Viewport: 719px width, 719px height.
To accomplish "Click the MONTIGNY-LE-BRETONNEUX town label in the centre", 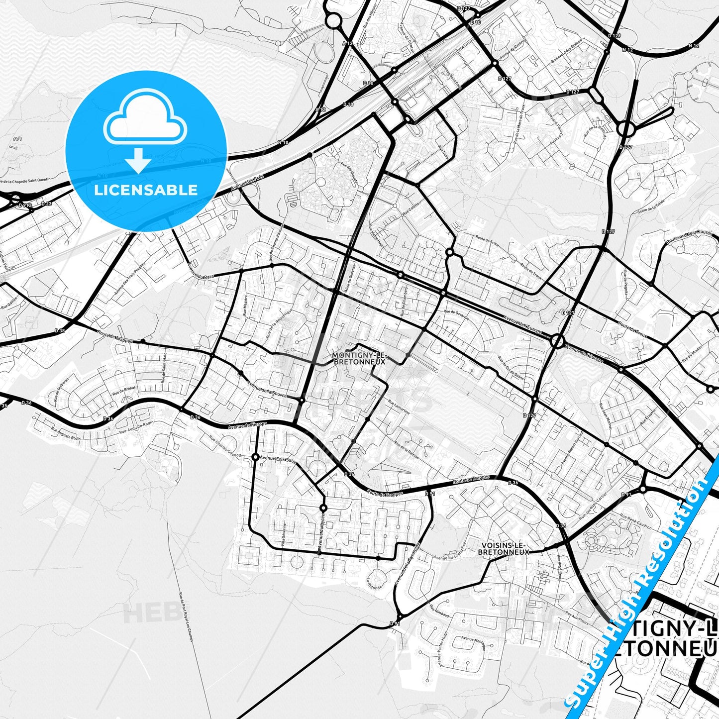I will pos(358,358).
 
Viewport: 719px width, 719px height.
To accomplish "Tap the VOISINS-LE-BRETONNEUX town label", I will pos(503,548).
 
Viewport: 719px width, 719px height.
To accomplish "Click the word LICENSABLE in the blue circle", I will pos(146,190).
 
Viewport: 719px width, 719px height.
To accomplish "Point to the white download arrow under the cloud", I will pos(138,160).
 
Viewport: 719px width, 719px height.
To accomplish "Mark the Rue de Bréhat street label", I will pos(123,390).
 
